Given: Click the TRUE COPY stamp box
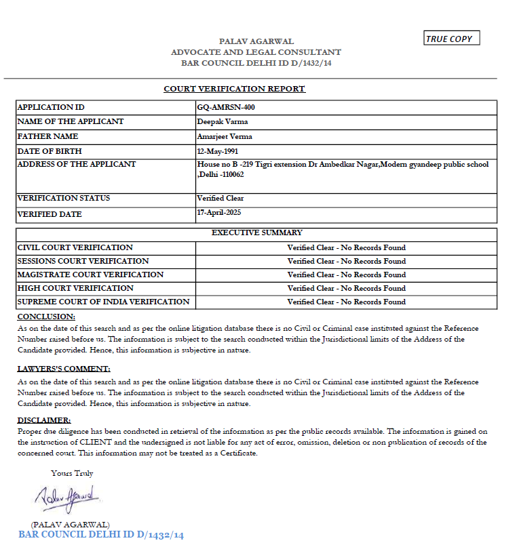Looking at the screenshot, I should tap(451, 39).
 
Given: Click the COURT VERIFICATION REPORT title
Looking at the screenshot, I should tap(234, 89).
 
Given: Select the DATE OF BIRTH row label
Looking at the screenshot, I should tap(50, 151).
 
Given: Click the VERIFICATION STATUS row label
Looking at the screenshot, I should tap(64, 198).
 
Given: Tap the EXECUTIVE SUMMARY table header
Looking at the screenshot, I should tap(257, 232).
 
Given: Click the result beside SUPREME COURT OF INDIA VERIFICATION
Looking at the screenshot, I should tap(346, 302).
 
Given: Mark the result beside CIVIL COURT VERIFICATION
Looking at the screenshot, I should tap(346, 247).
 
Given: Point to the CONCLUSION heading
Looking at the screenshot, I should tap(46, 317).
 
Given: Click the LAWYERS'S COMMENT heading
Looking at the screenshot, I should tap(64, 369).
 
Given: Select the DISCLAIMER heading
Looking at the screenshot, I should tap(44, 420).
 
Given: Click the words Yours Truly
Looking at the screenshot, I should tap(72, 473).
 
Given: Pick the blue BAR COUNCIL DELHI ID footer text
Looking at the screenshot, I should tap(101, 535).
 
